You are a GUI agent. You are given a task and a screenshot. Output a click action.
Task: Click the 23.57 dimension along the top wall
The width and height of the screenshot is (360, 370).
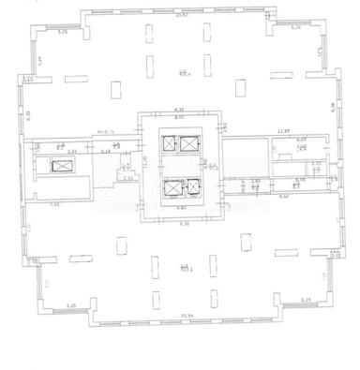[182, 16]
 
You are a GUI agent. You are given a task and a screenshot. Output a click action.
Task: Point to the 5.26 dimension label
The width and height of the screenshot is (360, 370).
[296, 28]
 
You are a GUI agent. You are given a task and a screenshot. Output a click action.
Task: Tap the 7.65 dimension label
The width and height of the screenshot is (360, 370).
[54, 203]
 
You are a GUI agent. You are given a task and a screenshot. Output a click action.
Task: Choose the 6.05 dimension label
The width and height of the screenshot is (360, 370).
[301, 140]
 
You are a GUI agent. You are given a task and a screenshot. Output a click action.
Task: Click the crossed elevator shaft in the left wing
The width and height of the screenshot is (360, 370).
[61, 166]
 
